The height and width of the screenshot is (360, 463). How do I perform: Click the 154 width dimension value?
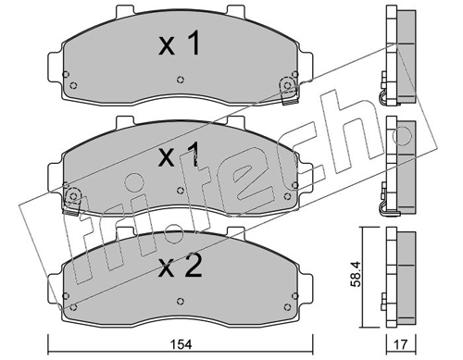click(x=181, y=344)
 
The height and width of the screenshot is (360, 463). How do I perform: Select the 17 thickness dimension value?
click(x=401, y=344)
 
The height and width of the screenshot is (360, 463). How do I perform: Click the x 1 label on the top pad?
click(x=180, y=44)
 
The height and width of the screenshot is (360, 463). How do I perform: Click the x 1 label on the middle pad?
click(x=178, y=155)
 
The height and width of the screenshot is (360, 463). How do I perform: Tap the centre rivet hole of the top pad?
click(x=181, y=80)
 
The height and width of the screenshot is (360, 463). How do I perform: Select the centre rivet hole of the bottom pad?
click(x=181, y=301)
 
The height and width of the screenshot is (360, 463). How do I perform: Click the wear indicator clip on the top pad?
click(x=289, y=91)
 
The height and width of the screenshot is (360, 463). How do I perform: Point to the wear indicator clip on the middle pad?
click(x=71, y=201)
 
